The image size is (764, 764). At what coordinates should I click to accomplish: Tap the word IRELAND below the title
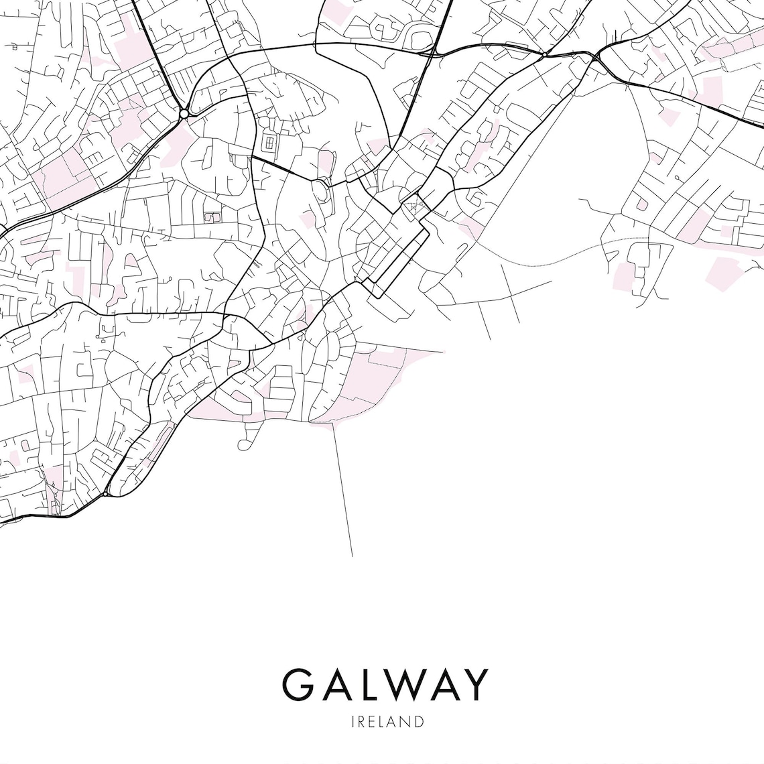(x=387, y=722)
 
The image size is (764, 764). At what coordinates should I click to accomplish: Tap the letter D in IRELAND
(x=419, y=722)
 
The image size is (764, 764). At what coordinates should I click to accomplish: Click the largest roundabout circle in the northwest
(x=183, y=114)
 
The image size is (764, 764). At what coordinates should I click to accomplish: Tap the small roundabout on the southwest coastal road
(x=106, y=494)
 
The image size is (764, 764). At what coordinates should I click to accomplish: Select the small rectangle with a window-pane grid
(x=271, y=142)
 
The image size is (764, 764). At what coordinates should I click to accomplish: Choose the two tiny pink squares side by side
(x=212, y=218)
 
